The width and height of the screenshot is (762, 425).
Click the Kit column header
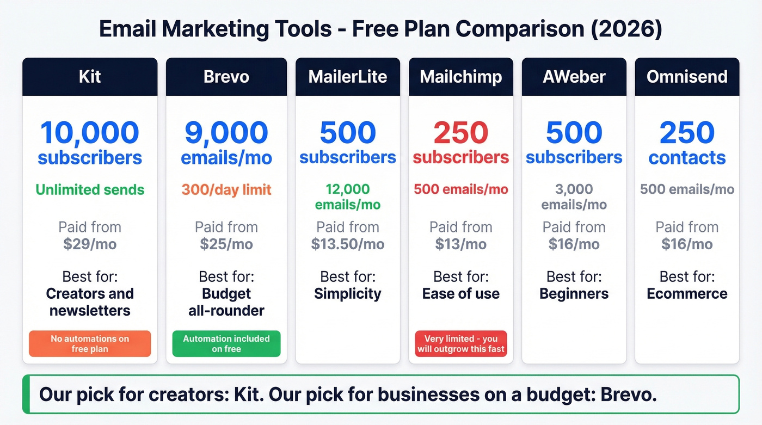(90, 77)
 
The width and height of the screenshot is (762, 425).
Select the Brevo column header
(226, 77)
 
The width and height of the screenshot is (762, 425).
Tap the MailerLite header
(348, 77)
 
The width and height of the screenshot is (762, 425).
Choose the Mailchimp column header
(461, 77)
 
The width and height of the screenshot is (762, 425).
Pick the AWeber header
(574, 77)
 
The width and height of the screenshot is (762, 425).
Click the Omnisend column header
(687, 77)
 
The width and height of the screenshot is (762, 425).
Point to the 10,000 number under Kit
(90, 133)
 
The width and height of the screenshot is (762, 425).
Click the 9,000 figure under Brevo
(226, 133)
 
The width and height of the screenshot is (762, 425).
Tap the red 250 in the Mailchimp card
(461, 133)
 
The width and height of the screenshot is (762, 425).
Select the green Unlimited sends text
(90, 190)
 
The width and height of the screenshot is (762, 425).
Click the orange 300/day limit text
(226, 190)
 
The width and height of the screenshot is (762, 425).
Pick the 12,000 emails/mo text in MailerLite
(348, 197)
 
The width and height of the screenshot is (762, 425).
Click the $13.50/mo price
(348, 244)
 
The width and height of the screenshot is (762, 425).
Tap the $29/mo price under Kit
(90, 244)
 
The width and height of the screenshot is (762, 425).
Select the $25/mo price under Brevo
(226, 244)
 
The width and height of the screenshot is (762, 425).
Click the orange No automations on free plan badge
(90, 344)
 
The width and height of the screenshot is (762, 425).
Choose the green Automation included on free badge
(226, 344)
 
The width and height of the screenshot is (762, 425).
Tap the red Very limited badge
(461, 344)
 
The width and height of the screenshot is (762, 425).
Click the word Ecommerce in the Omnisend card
(687, 294)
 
